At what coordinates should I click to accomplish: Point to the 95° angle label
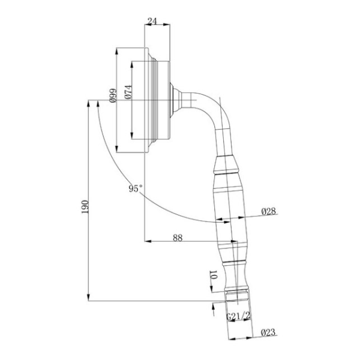tap(136, 188)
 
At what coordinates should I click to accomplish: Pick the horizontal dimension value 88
tap(178, 238)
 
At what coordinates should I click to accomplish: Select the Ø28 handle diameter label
tap(268, 211)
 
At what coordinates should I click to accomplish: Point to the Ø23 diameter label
tap(268, 331)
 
